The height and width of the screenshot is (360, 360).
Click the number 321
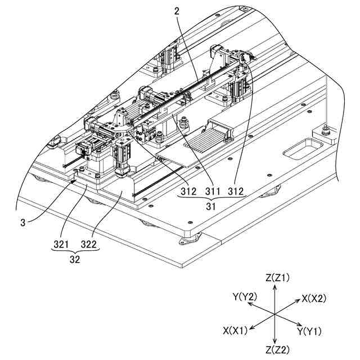[60, 245]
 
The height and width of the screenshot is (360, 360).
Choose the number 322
[89, 245]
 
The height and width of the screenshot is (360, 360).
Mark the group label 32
[74, 260]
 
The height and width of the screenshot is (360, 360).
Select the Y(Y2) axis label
[244, 296]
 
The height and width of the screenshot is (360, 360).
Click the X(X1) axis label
[235, 330]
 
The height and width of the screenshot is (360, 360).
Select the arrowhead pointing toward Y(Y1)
[298, 325]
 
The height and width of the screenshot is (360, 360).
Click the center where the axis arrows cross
[274, 313]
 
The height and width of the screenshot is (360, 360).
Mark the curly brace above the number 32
[74, 253]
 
